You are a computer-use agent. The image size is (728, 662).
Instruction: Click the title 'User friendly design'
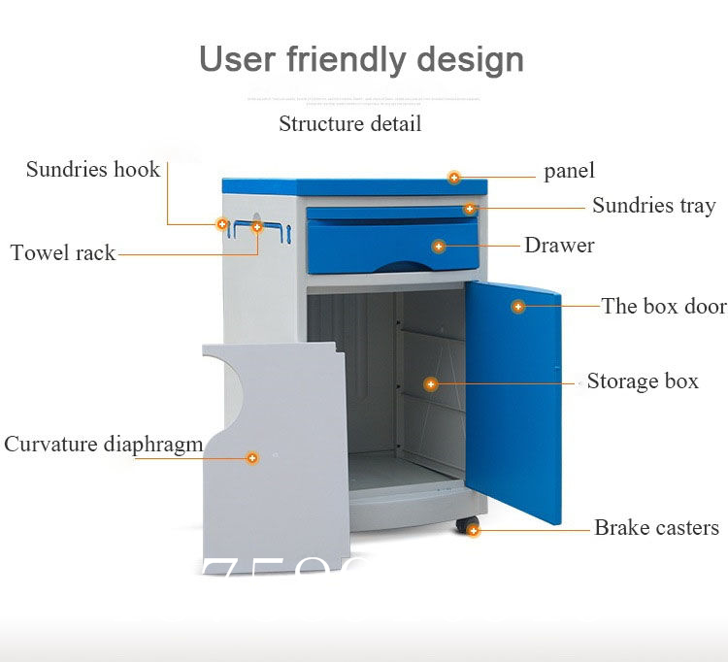click(x=361, y=59)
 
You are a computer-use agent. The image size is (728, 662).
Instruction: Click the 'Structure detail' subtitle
click(x=349, y=124)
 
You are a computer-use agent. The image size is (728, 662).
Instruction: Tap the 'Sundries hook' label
click(x=92, y=170)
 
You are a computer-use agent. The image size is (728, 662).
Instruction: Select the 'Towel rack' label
click(x=63, y=253)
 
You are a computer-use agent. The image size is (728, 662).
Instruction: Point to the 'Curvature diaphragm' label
click(x=104, y=445)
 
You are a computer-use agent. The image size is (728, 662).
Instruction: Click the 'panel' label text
click(x=569, y=172)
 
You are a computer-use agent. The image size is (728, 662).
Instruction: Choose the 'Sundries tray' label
click(x=653, y=206)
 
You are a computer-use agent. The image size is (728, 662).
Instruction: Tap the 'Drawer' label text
click(x=559, y=246)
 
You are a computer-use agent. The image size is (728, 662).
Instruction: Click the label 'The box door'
click(x=664, y=307)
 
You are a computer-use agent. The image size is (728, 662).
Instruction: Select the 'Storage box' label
click(x=643, y=381)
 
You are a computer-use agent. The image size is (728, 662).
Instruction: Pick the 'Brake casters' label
click(x=656, y=528)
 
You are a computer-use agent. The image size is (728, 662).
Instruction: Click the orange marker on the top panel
click(x=453, y=177)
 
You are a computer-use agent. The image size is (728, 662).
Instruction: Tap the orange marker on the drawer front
click(x=439, y=247)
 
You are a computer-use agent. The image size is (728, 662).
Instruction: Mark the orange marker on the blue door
click(x=518, y=307)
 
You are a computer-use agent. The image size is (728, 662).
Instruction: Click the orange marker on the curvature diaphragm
click(x=252, y=457)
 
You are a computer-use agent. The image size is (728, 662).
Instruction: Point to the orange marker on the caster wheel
click(x=473, y=530)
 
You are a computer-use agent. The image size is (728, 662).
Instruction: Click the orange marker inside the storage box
click(x=431, y=384)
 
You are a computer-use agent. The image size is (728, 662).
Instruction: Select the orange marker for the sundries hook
click(x=222, y=224)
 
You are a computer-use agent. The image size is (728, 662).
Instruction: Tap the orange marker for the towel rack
click(x=257, y=227)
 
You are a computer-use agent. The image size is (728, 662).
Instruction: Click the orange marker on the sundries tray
click(x=470, y=209)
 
